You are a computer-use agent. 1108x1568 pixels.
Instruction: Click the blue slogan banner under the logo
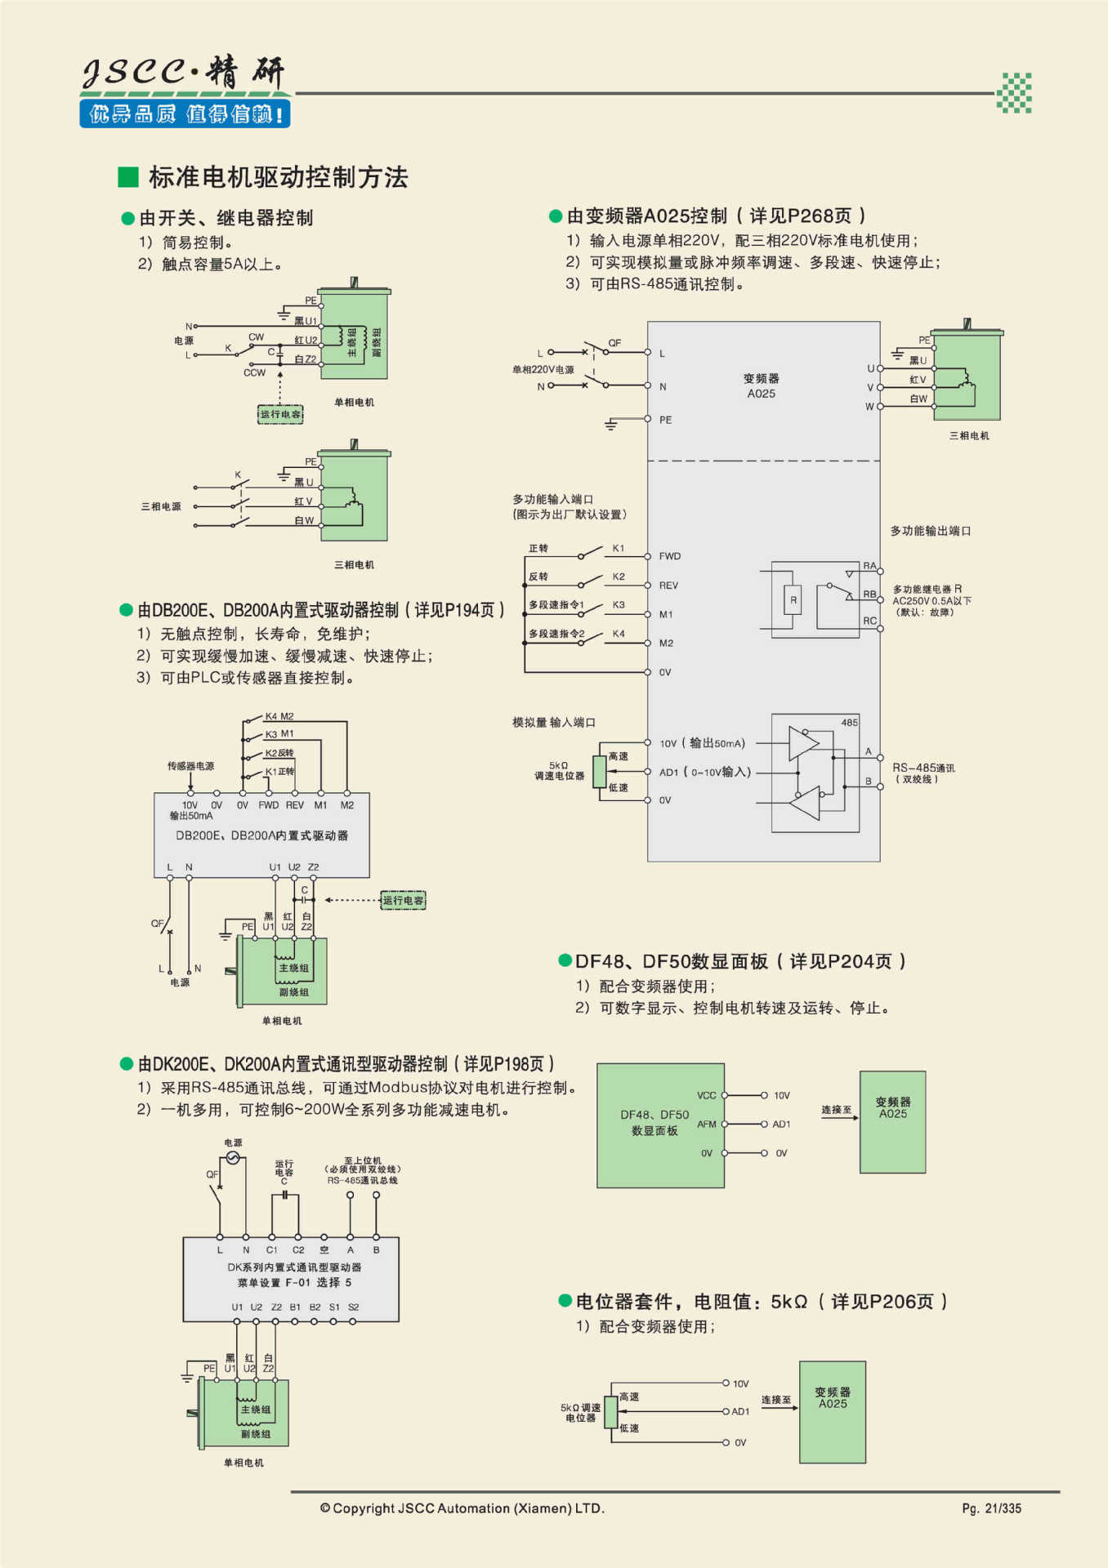pos(185,114)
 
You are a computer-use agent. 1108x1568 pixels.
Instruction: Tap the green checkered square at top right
pos(1014,92)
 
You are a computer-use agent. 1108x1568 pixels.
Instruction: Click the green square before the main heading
pos(128,177)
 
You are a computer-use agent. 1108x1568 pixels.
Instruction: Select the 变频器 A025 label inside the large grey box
pos(761,385)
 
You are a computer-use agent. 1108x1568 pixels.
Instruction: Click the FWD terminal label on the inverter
pos(669,556)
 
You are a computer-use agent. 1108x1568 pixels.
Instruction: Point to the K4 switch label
pos(619,634)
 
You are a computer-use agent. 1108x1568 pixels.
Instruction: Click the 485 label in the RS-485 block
pos(849,723)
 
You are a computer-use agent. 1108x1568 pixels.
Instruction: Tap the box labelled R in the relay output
pos(793,600)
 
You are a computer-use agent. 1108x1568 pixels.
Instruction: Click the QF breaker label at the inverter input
pos(614,343)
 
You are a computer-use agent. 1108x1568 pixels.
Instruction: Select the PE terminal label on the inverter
pos(665,420)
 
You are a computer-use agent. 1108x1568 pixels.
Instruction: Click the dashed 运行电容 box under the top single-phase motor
pos(280,414)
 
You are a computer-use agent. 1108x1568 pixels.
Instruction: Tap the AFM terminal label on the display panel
pos(706,1125)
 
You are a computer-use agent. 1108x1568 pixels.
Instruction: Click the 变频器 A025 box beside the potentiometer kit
pos(832,1411)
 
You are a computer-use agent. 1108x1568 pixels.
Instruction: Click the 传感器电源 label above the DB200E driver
pos(190,766)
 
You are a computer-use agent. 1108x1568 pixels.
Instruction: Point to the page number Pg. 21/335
pos(991,1508)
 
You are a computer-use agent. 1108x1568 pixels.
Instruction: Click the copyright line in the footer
pos(462,1508)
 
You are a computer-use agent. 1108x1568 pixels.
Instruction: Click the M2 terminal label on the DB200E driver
pos(346,805)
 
